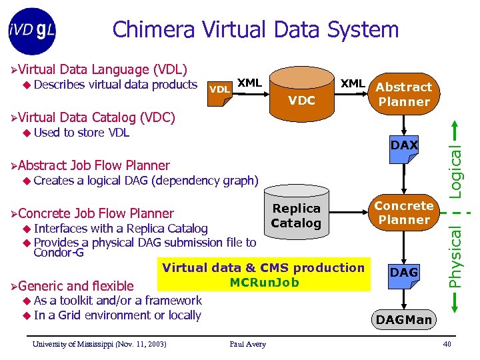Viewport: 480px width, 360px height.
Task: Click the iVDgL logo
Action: pyautogui.click(x=33, y=31)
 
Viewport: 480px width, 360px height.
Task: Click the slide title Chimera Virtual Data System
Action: pyautogui.click(x=255, y=29)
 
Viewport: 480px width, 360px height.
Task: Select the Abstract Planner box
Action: pyautogui.click(x=403, y=94)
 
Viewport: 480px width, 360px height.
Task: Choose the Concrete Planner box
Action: pyautogui.click(x=403, y=213)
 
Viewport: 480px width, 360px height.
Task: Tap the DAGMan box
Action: pyautogui.click(x=404, y=320)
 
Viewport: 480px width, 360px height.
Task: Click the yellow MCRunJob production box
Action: pyautogui.click(x=263, y=275)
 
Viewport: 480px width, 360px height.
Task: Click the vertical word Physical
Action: pyautogui.click(x=456, y=256)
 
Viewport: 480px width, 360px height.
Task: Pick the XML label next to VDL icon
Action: pyautogui.click(x=249, y=83)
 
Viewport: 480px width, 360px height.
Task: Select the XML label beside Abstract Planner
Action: pyautogui.click(x=353, y=83)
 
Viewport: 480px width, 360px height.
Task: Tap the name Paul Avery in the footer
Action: pyautogui.click(x=247, y=344)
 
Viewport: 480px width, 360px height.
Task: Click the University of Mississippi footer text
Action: pyautogui.click(x=99, y=344)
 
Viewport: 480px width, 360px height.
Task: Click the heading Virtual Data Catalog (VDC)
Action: pyautogui.click(x=97, y=118)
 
